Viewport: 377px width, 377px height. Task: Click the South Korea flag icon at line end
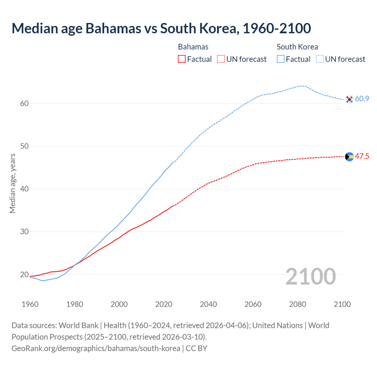(349, 99)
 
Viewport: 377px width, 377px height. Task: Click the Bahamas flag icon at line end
(349, 157)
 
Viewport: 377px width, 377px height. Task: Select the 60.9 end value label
(362, 99)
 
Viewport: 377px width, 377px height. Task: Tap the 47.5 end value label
(362, 156)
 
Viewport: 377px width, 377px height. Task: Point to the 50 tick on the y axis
(24, 146)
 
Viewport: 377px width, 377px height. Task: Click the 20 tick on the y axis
(24, 275)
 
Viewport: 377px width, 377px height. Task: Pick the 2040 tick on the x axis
(208, 304)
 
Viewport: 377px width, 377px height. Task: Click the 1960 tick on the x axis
(30, 304)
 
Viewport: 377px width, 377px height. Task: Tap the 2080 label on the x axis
(297, 304)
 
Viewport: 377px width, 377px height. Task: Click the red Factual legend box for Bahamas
(182, 59)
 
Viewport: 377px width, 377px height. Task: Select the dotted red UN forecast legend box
(221, 59)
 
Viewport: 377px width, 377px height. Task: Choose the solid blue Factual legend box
(281, 59)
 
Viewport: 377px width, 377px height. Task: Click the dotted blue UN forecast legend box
(320, 59)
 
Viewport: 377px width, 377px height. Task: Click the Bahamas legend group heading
(193, 47)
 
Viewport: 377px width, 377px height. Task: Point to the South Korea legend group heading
(297, 47)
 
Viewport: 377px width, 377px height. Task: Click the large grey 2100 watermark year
(310, 276)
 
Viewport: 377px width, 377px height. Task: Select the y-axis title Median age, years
(12, 183)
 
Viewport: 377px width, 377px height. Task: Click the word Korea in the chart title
(218, 28)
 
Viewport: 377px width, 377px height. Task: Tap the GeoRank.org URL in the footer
(96, 348)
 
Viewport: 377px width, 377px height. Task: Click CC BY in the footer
(196, 348)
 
